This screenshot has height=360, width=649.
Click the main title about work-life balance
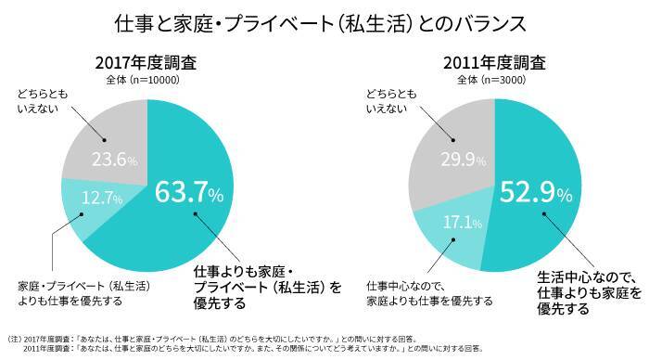click(x=324, y=23)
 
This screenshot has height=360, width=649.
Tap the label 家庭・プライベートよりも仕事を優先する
click(x=83, y=293)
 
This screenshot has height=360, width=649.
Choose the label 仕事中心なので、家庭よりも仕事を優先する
click(x=428, y=293)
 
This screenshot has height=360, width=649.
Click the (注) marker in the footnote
click(x=14, y=338)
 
